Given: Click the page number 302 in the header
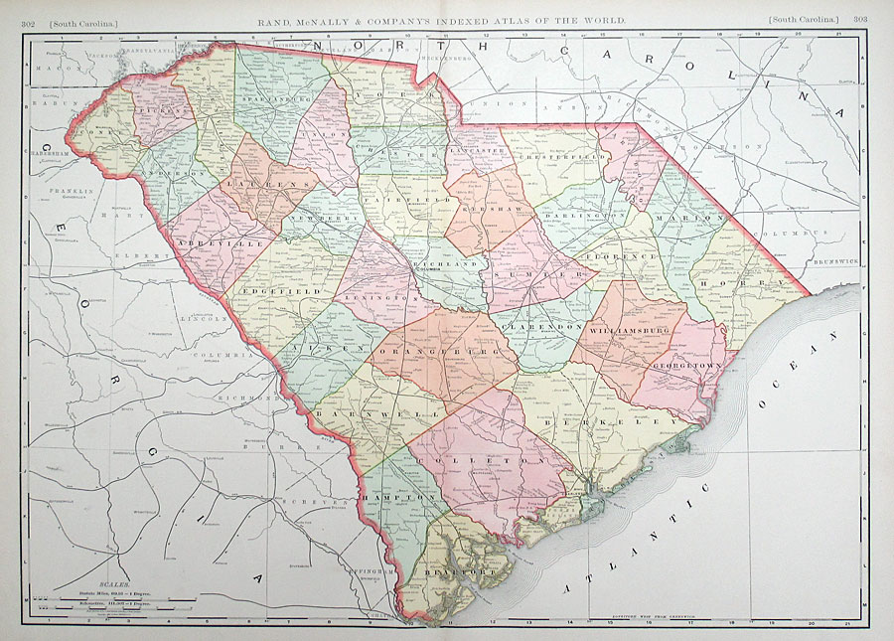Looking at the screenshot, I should click(39, 20).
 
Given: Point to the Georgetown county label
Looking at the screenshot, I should click(685, 365).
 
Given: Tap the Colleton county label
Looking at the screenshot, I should click(485, 461).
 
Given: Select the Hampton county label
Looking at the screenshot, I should click(397, 496).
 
